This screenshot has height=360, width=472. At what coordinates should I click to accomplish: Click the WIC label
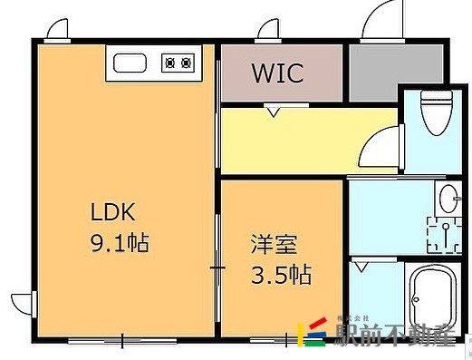277,72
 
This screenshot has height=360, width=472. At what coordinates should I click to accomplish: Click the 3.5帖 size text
280,273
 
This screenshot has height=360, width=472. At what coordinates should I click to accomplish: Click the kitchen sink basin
130,63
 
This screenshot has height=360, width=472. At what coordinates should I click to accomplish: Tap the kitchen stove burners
177,63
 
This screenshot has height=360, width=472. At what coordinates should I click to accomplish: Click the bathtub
434,298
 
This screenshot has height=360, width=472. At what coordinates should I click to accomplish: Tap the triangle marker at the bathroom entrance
361,267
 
